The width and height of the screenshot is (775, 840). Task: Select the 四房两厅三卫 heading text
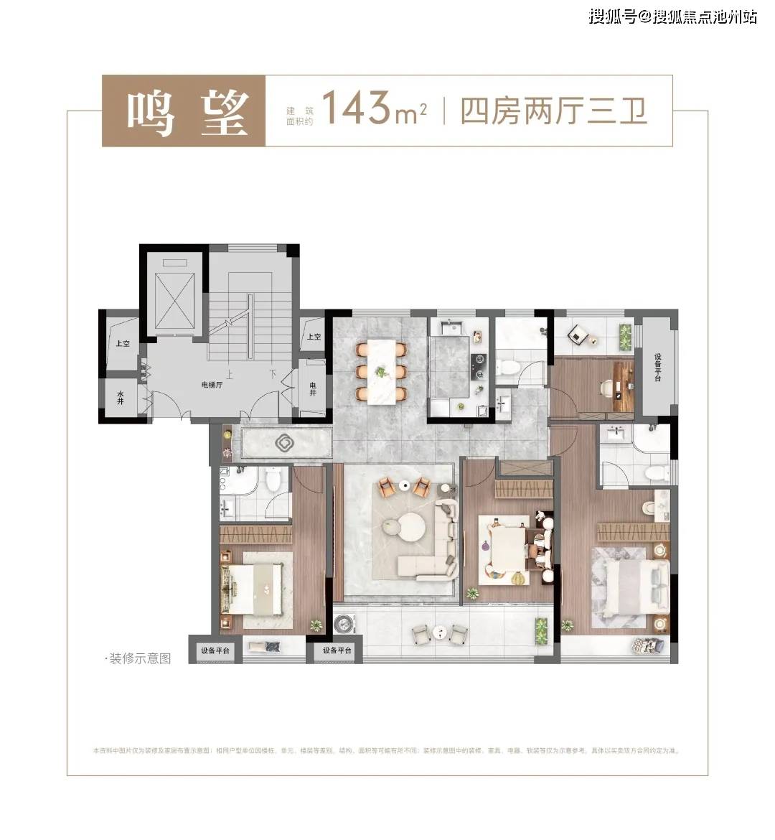(x=553, y=112)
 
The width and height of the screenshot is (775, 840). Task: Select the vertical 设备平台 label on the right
(x=657, y=368)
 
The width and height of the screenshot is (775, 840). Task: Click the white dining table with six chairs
(x=381, y=370)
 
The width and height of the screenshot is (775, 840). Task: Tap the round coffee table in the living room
(x=404, y=532)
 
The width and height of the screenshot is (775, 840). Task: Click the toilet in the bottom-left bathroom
(x=273, y=480)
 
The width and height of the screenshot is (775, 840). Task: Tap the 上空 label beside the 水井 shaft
(x=122, y=344)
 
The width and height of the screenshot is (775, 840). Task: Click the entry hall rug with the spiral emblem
(x=285, y=443)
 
